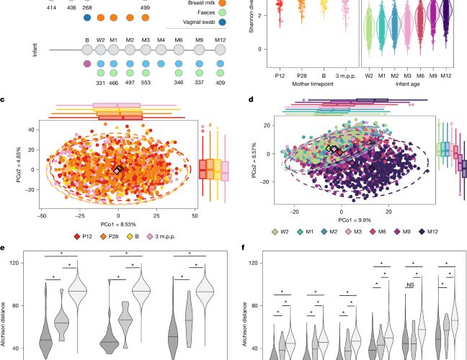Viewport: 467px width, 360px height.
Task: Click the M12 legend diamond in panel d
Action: tap(422, 231)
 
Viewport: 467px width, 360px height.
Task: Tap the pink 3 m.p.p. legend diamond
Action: tap(149, 237)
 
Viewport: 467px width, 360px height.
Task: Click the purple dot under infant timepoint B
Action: tap(87, 63)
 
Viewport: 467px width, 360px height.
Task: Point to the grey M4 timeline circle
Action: tap(161, 50)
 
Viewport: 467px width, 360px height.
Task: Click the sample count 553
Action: tap(146, 83)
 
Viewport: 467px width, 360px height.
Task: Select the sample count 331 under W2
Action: tap(101, 83)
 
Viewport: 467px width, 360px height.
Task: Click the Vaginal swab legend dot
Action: tap(221, 22)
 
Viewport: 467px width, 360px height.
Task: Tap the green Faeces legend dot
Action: tap(221, 12)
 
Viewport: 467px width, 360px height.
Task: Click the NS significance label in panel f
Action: tap(410, 285)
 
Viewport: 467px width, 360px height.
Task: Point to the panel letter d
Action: tap(251, 99)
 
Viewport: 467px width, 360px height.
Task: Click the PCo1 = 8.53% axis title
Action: tap(118, 225)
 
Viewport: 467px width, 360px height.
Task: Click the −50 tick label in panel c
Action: tap(42, 216)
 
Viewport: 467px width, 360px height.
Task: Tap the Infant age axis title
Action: tap(407, 84)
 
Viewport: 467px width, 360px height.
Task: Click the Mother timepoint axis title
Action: tap(313, 84)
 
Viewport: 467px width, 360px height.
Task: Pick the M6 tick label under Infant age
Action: tap(420, 76)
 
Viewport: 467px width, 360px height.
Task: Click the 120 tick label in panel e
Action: tap(14, 263)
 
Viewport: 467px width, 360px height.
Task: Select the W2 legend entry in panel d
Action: tap(280, 231)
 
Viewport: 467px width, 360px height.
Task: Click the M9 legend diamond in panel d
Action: tap(397, 231)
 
